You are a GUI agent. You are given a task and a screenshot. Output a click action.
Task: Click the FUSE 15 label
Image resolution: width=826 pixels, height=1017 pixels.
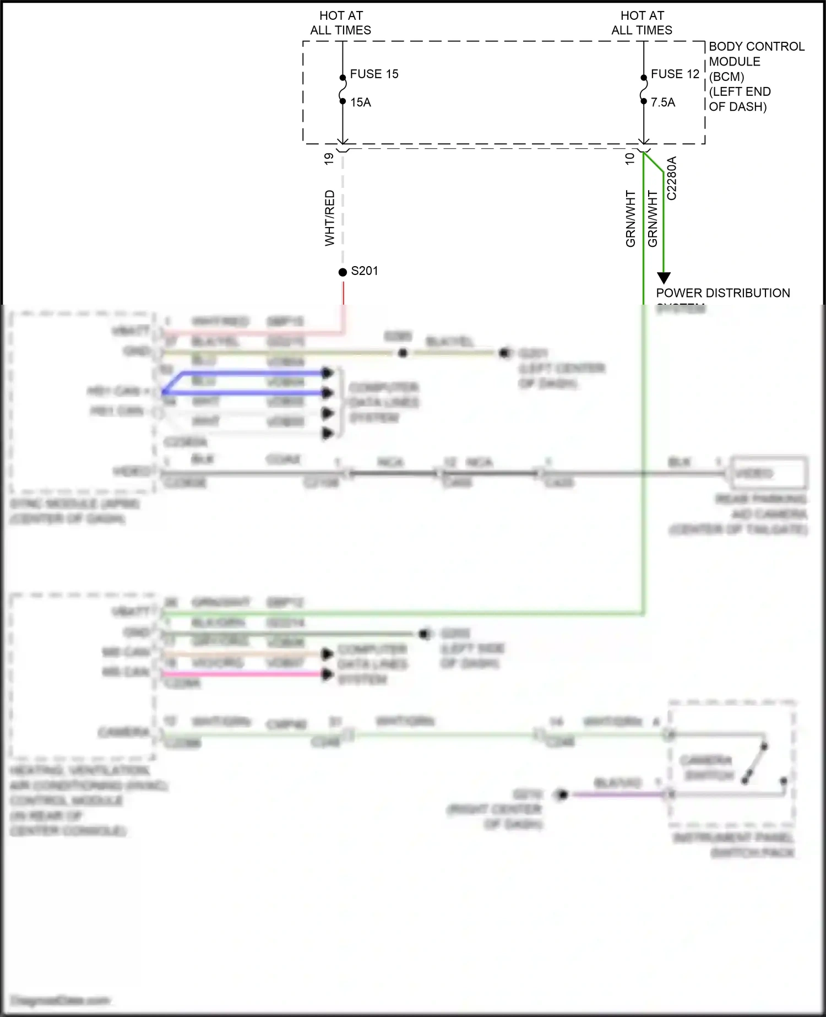click(x=374, y=74)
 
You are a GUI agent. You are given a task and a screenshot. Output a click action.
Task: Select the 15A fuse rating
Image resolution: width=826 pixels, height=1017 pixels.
click(x=361, y=102)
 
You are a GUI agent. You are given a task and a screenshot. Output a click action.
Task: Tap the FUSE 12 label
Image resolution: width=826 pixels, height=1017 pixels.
click(x=675, y=74)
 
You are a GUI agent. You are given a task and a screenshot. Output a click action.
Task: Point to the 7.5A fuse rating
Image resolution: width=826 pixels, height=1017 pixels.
click(x=663, y=102)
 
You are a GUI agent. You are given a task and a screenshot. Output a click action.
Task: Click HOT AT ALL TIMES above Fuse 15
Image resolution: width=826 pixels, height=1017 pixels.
click(x=341, y=23)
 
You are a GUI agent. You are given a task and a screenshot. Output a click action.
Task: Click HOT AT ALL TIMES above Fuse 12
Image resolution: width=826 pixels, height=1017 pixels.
click(x=642, y=23)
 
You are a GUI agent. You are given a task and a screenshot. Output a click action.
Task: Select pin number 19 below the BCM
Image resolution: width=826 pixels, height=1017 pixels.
click(x=329, y=159)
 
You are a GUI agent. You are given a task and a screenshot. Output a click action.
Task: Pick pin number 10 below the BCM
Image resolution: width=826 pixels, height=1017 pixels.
click(x=630, y=159)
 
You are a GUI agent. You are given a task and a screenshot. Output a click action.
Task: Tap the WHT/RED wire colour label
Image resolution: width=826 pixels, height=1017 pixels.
click(x=329, y=218)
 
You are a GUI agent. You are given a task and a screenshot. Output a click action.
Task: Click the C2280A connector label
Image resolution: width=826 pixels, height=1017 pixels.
click(x=672, y=178)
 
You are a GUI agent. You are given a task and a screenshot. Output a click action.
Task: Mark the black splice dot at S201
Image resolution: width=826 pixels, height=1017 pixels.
click(x=343, y=272)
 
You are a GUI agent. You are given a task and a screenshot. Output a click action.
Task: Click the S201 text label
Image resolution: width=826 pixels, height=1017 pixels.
click(x=365, y=271)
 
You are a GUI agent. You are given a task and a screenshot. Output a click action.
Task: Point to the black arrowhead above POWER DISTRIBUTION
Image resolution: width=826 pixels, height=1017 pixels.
click(x=664, y=278)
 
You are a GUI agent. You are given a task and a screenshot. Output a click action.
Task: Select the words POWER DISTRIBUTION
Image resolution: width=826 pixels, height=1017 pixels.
click(x=723, y=293)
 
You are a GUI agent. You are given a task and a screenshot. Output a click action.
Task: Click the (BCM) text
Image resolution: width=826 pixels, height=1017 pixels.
click(x=727, y=77)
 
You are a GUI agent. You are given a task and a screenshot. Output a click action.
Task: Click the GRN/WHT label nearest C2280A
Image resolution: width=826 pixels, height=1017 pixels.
click(x=653, y=219)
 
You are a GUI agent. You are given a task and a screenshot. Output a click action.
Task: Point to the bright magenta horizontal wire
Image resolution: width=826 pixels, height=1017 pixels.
click(x=242, y=674)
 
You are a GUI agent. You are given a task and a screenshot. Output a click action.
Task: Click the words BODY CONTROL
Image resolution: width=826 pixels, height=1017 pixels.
click(x=757, y=47)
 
